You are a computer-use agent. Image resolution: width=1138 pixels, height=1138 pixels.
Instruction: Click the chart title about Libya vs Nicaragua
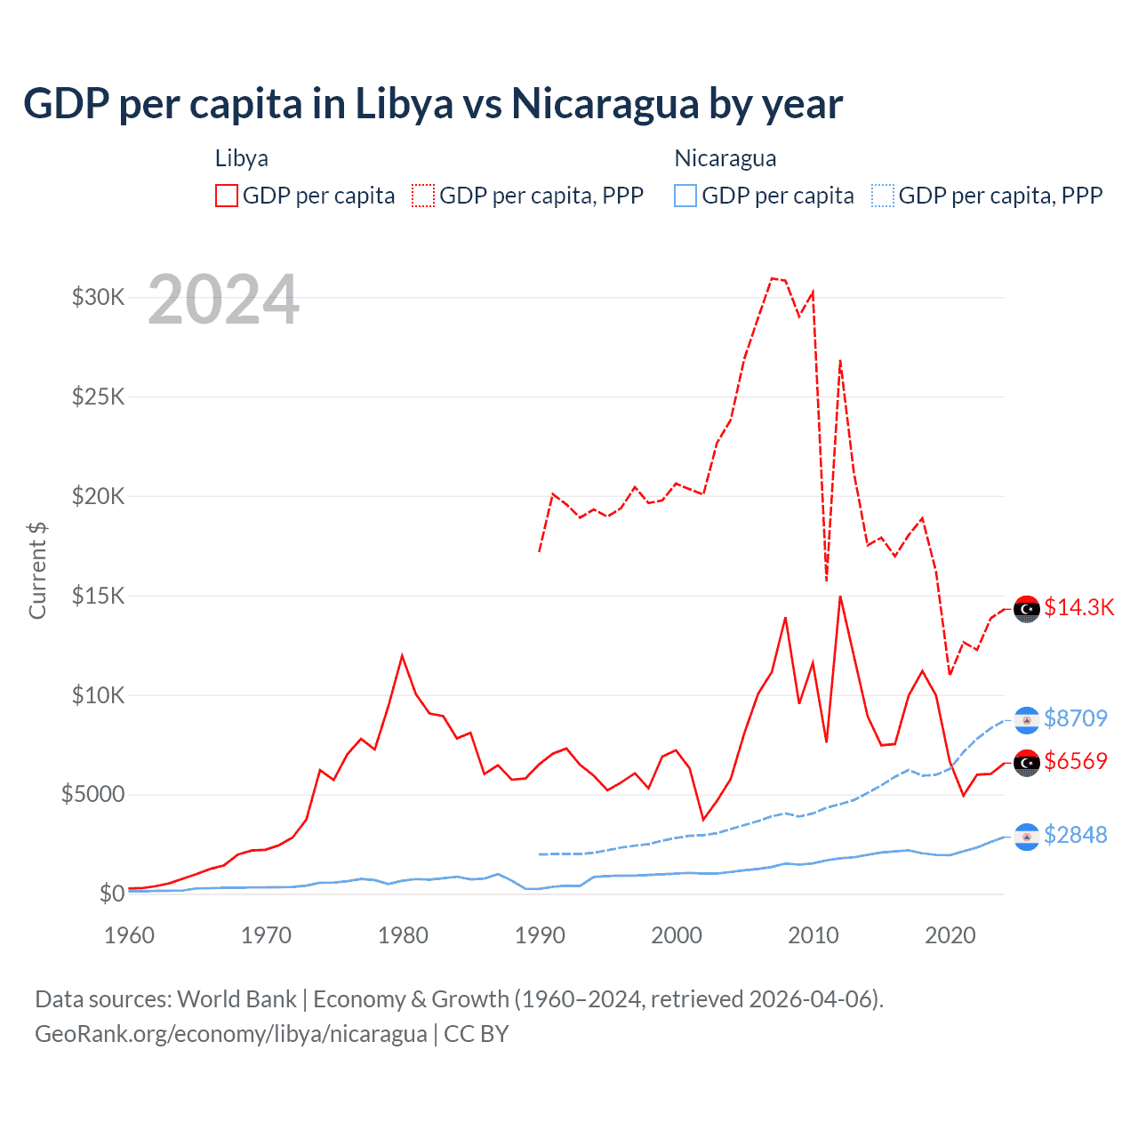pos(432,104)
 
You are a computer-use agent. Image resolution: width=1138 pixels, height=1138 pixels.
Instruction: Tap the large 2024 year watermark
pos(223,300)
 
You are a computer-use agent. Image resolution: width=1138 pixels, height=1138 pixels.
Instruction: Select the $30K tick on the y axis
pos(98,297)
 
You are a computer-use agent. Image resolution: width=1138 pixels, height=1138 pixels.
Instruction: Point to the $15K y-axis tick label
pos(98,596)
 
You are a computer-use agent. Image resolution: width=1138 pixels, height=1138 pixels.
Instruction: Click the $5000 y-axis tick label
pos(92,794)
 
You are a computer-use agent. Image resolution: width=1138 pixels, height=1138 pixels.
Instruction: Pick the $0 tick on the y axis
pos(111,894)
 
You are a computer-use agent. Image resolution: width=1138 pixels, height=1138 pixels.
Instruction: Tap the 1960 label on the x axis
pos(130,935)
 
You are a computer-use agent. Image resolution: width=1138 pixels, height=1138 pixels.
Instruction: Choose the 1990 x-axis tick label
pos(540,935)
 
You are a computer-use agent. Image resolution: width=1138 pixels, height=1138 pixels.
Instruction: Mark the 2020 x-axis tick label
pos(950,935)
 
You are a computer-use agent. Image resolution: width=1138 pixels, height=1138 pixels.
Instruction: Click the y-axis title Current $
pos(37,570)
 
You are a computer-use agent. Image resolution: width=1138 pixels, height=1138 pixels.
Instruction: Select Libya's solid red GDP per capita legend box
pos(227,196)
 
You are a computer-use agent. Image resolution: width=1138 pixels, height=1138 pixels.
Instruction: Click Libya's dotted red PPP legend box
pos(423,196)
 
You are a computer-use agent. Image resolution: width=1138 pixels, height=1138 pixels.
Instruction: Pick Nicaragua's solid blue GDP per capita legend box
pos(685,196)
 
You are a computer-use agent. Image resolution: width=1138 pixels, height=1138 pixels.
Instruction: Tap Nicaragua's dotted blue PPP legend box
pos(883,196)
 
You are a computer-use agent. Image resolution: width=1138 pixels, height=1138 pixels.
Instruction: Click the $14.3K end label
pos(1078,607)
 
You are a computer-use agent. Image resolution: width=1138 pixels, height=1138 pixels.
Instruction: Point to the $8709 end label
pos(1076,718)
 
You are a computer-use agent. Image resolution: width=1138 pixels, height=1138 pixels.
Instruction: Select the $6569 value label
pos(1076,761)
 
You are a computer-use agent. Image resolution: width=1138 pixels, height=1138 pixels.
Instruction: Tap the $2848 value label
pos(1076,835)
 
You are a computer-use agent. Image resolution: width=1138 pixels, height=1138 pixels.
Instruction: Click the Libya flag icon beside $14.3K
pos(1027,609)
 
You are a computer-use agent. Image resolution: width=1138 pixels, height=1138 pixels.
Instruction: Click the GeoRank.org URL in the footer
pos(231,1034)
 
